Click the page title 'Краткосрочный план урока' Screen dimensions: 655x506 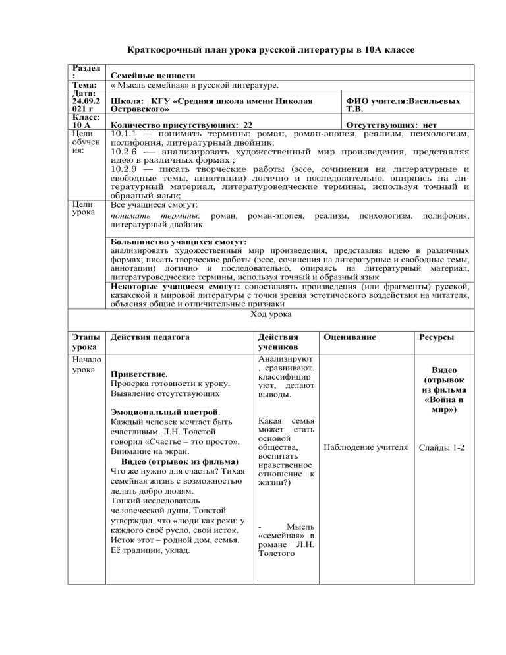pos(252,50)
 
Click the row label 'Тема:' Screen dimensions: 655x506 pos(86,86)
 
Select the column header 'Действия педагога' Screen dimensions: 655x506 pos(150,337)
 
